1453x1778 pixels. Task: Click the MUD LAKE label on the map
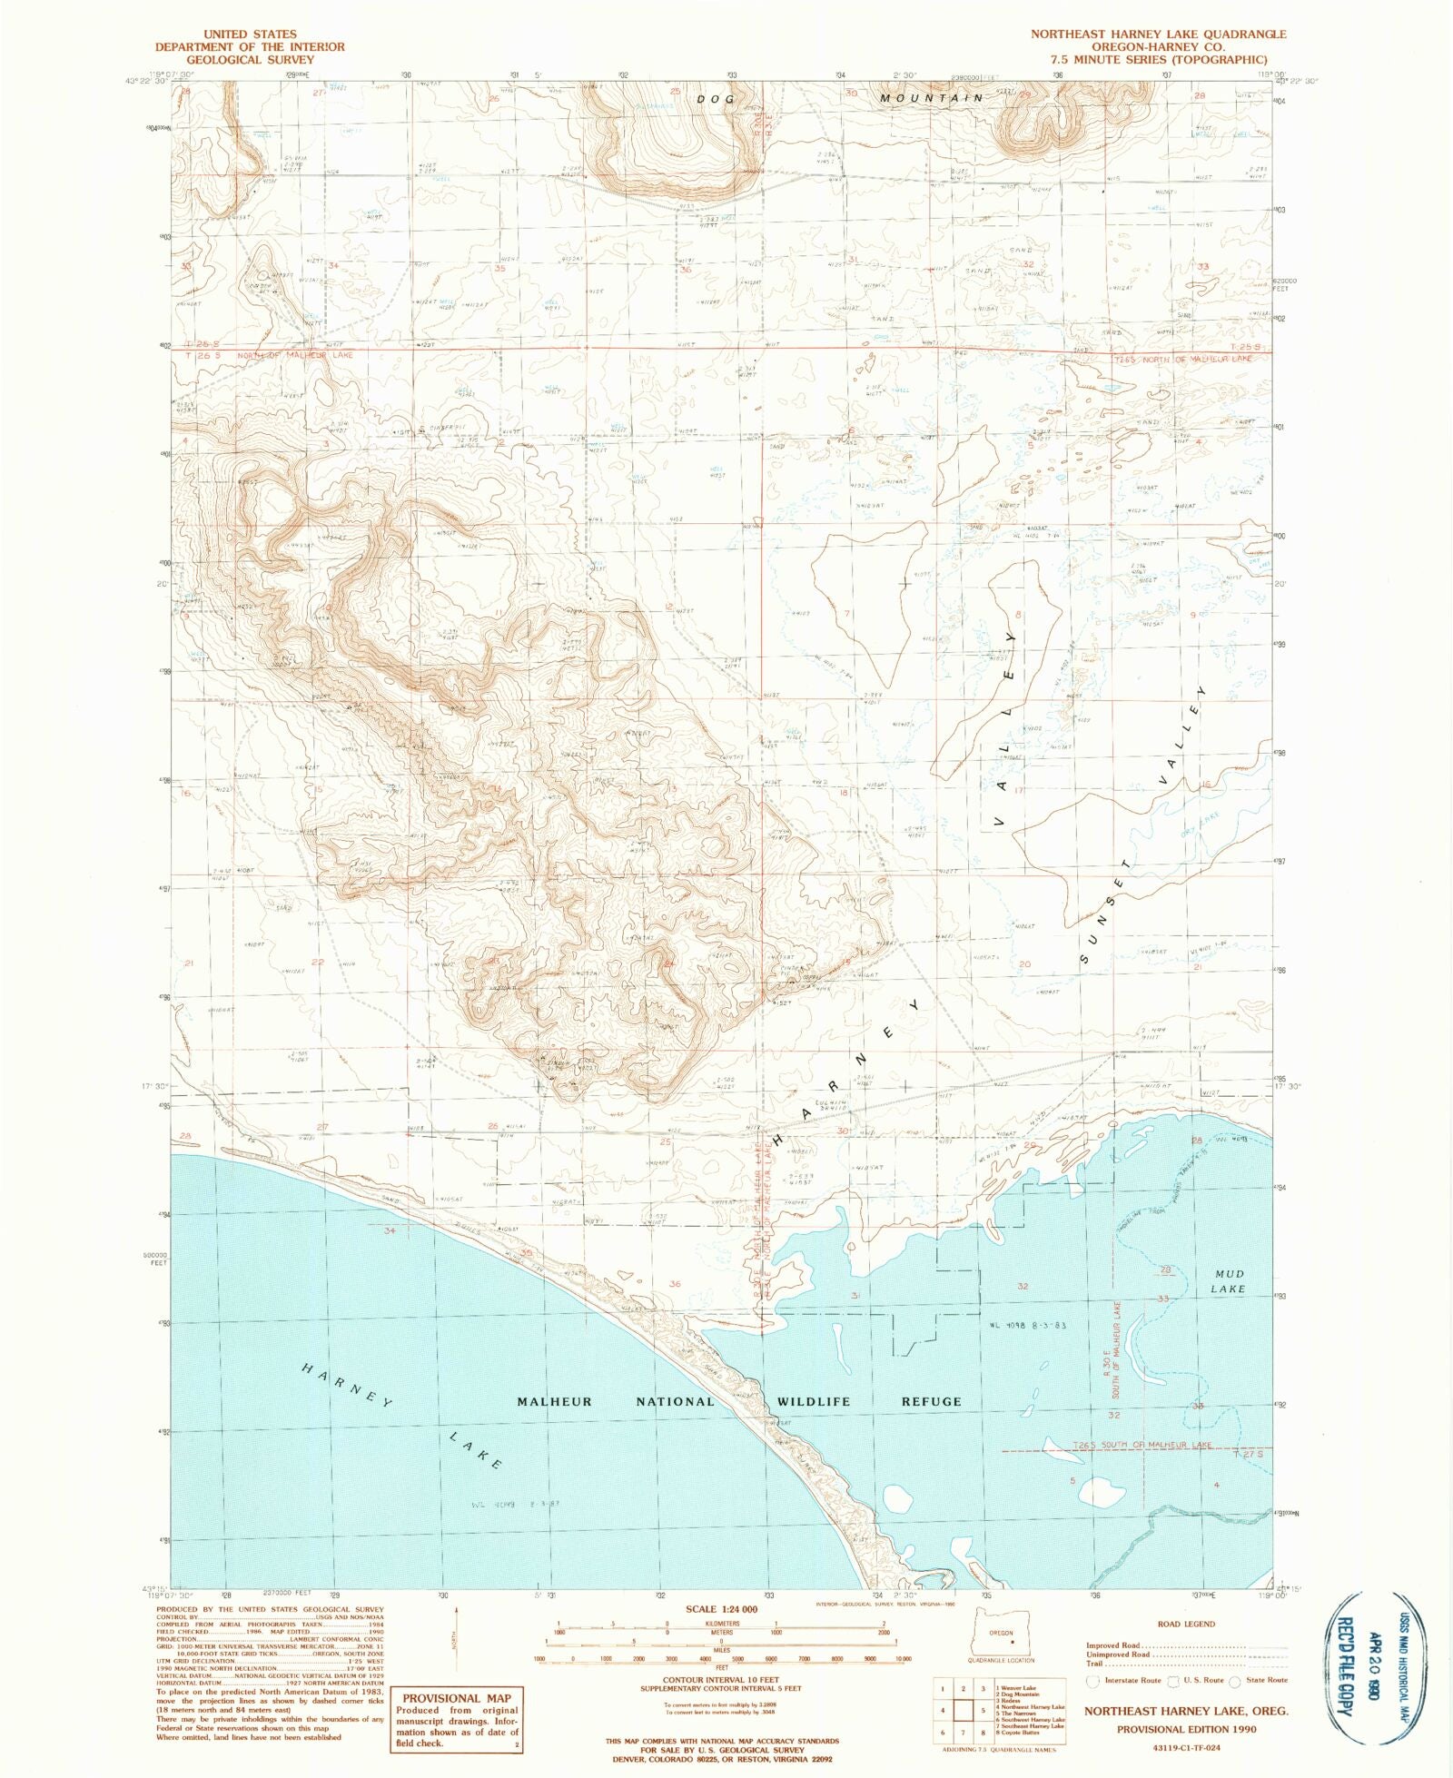(x=1228, y=1281)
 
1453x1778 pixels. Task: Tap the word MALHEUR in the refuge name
(x=554, y=1401)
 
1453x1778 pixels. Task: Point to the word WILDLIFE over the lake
(x=814, y=1401)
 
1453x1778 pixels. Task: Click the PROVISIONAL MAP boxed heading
(x=456, y=1698)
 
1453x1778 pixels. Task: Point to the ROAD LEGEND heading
(x=1186, y=1624)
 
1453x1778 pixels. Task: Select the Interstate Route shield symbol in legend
(x=1094, y=1680)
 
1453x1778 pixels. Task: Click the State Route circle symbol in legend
(x=1235, y=1680)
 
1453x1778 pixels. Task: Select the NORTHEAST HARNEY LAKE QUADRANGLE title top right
(x=1158, y=34)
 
